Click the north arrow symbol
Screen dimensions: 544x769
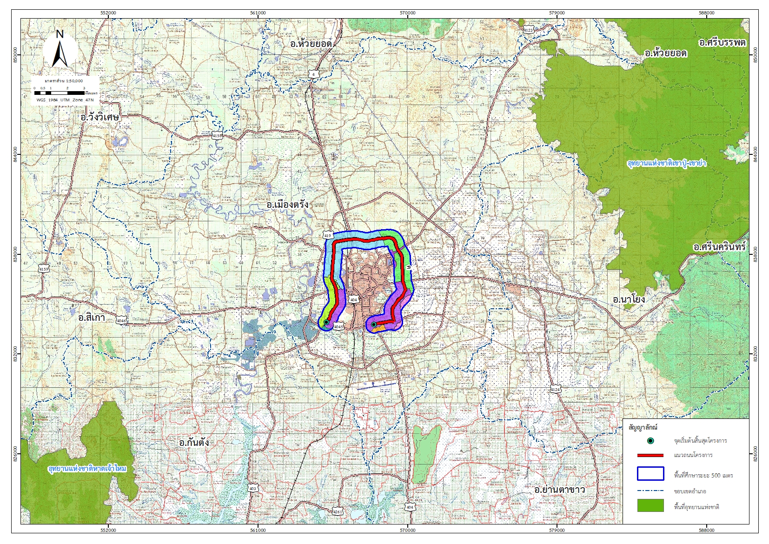60,48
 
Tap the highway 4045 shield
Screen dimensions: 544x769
338,327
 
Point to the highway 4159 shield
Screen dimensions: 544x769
44,269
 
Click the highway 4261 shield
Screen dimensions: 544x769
338,512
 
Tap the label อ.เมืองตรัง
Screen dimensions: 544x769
287,205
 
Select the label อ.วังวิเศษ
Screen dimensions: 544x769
100,117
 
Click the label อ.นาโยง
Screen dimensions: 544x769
629,299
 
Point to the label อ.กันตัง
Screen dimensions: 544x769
194,442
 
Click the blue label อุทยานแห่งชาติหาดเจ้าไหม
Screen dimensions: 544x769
87,469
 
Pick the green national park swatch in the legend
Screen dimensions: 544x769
650,506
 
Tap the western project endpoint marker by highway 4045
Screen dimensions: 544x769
326,322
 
